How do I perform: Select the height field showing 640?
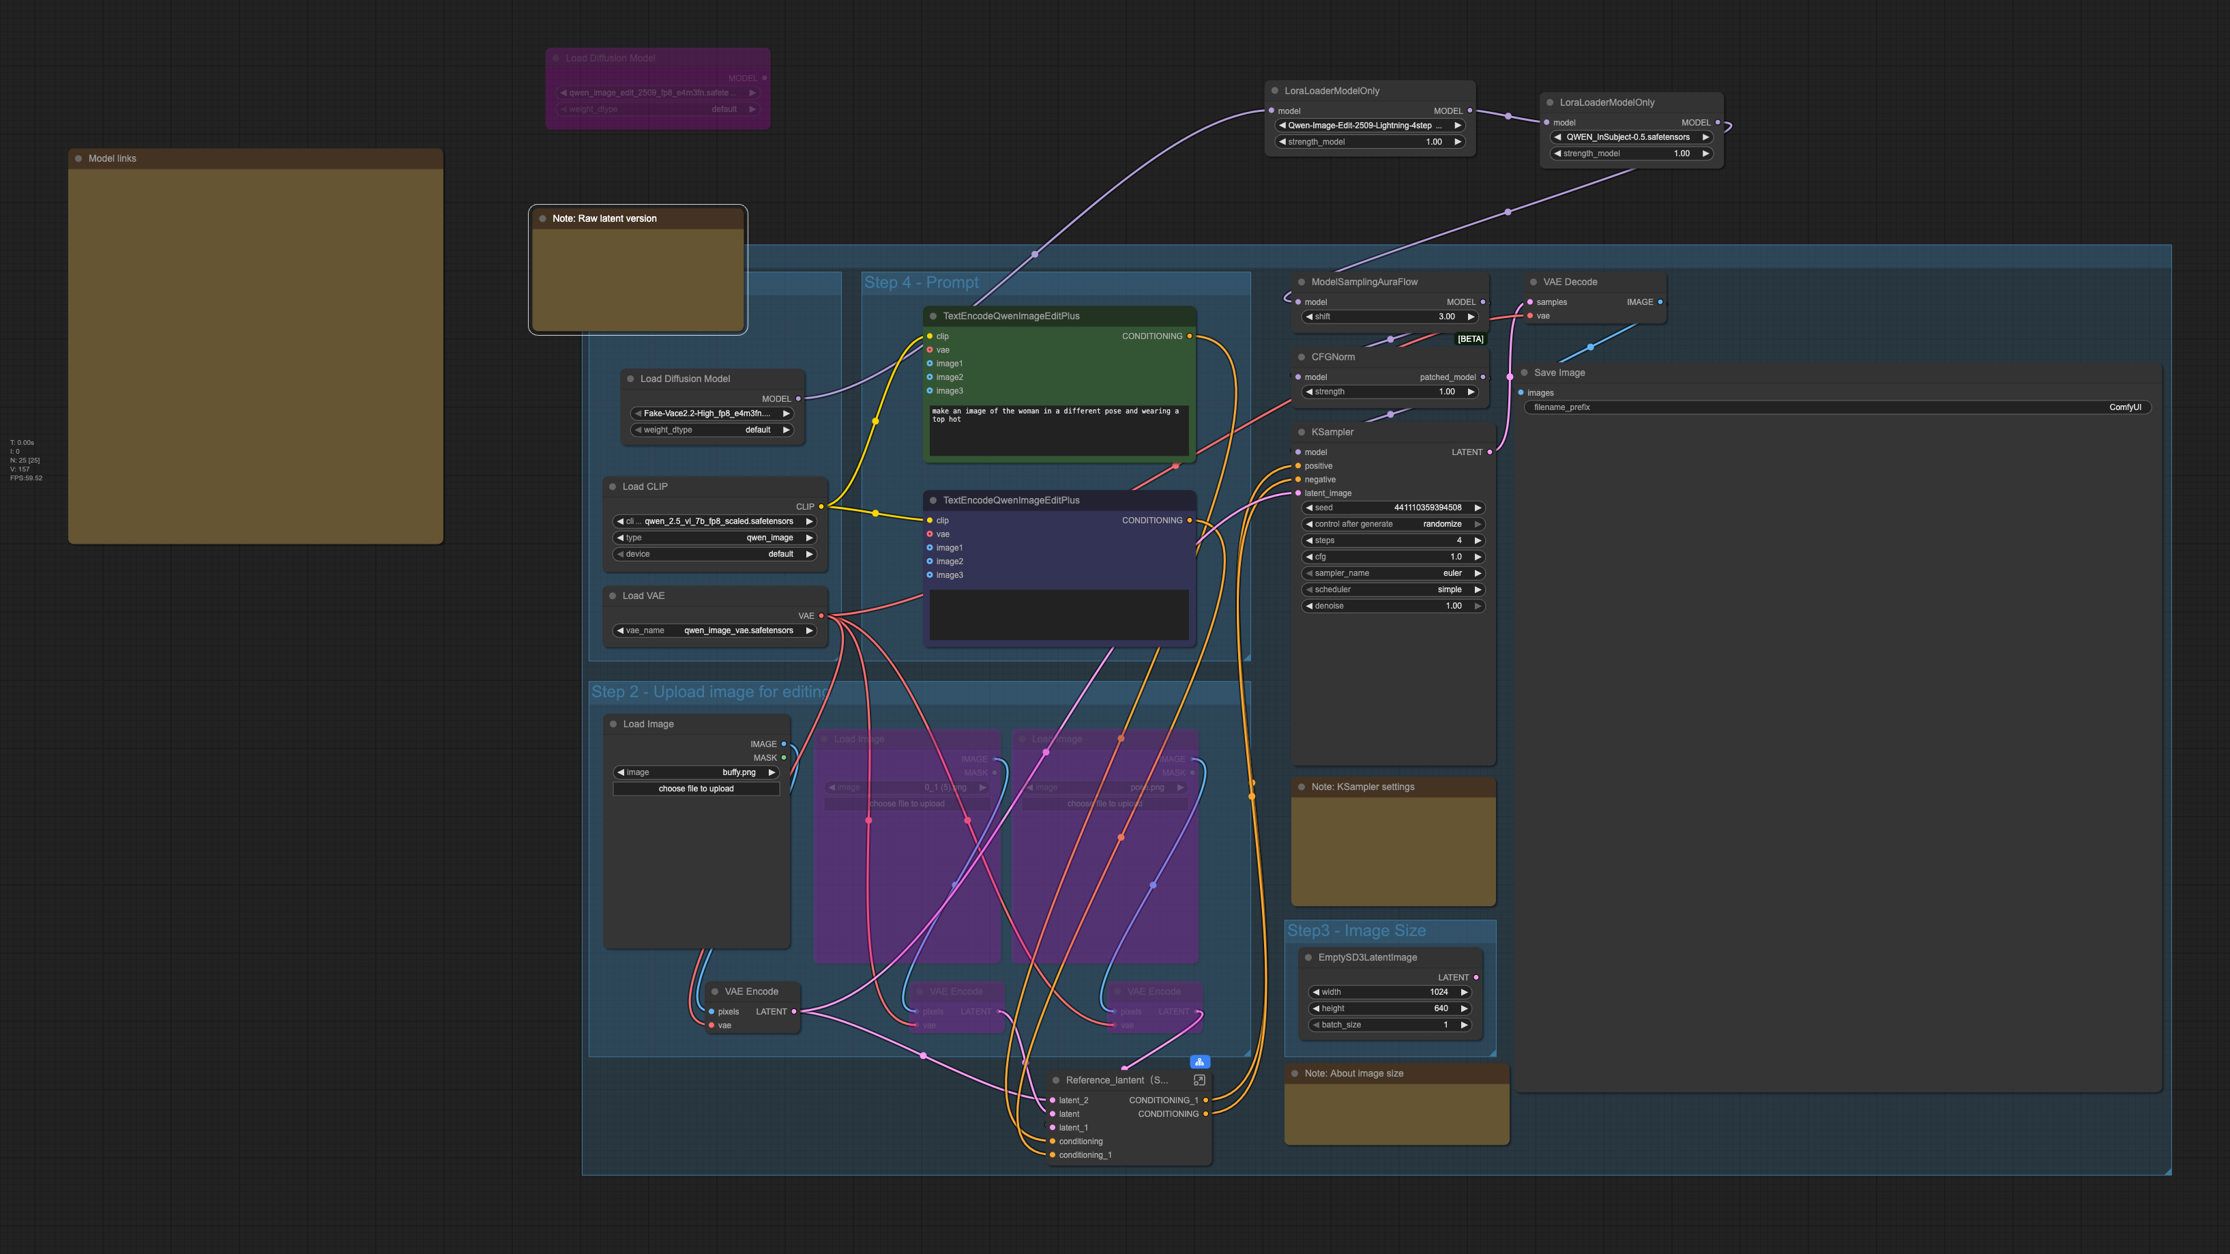tap(1390, 1009)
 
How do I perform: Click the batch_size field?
tap(1390, 1025)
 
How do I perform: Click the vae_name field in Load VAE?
tap(714, 630)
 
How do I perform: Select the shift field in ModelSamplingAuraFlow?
tap(1390, 317)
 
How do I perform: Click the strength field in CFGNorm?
tap(1390, 392)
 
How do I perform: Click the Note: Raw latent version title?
tap(604, 218)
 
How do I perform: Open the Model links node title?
tap(113, 158)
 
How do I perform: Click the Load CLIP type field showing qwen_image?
tap(714, 538)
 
